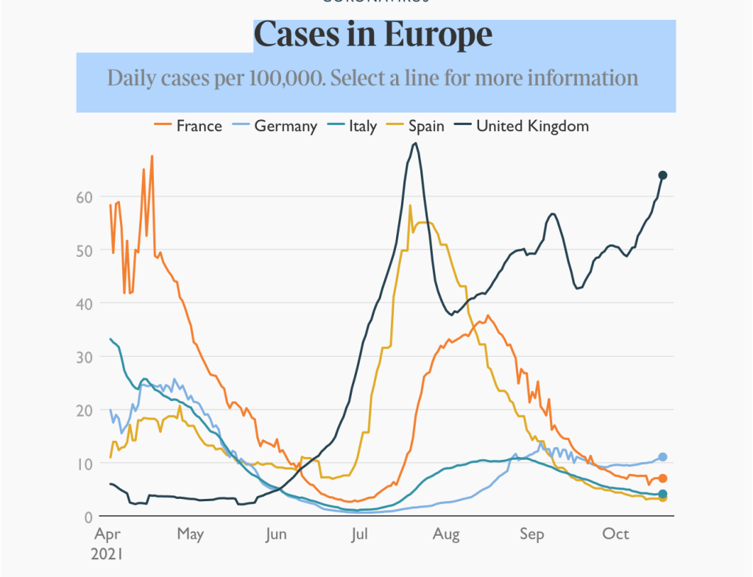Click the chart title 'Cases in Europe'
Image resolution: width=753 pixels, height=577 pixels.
373,35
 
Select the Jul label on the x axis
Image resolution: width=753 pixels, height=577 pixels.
360,534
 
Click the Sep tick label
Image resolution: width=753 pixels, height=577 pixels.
531,534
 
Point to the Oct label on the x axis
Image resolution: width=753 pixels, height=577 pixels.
615,534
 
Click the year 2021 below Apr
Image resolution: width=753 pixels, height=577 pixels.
107,553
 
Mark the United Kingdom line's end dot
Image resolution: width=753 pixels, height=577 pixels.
662,175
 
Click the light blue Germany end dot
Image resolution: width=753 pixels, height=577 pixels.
662,457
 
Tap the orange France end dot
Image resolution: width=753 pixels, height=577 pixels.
662,478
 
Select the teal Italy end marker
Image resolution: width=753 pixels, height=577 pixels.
662,494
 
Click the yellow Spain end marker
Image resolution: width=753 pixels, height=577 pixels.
662,498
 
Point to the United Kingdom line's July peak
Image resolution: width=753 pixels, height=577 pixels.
415,144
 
